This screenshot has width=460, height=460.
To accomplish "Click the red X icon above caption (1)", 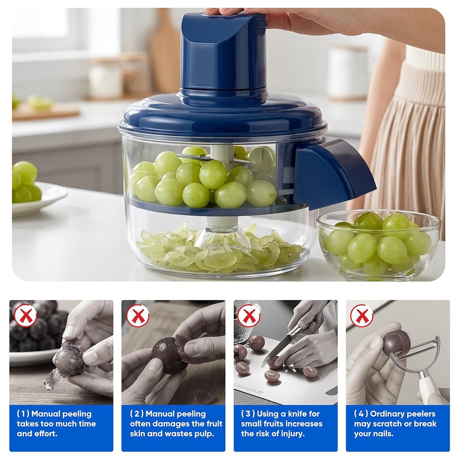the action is coord(25,316).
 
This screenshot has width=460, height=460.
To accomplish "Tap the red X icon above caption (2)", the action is coord(138,316).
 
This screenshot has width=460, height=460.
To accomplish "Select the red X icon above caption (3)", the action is coord(249,316).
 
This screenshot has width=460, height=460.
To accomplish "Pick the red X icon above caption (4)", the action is coord(362,316).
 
